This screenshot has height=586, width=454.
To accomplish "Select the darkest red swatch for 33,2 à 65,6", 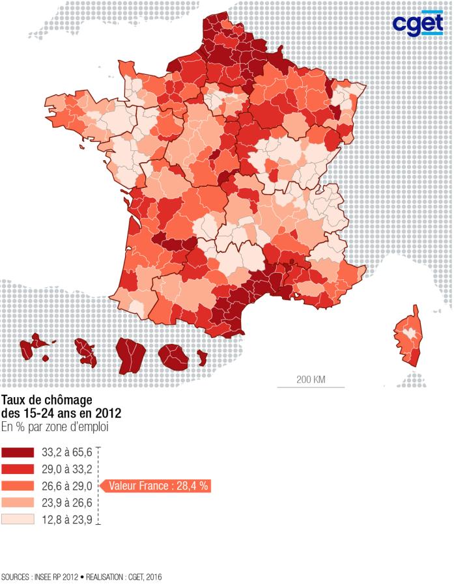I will point(18,452).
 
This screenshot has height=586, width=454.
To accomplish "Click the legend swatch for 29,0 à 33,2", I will point(18,469).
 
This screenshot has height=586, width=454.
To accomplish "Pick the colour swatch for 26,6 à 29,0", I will point(18,486).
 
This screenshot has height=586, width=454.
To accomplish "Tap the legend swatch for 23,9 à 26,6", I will point(18,503).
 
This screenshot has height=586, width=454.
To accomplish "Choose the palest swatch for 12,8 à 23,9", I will point(18,520).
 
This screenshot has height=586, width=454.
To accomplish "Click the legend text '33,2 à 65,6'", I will point(66,452).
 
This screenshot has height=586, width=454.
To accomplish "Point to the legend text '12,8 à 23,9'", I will point(66,520).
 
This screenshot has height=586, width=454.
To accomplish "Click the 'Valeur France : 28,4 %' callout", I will point(158,486).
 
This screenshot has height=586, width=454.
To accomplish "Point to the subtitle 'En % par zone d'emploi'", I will point(54,427).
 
